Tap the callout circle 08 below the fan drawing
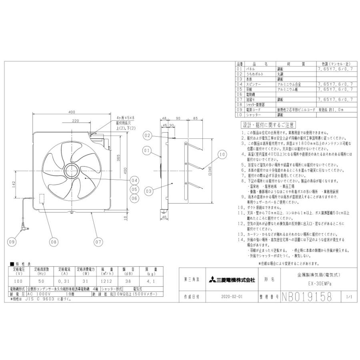pyautogui.click(x=54, y=242)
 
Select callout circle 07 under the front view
pyautogui.click(x=98, y=242)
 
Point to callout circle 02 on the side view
pyautogui.click(x=147, y=136)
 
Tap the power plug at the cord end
pyautogui.click(x=25, y=229)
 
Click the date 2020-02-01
pyautogui.click(x=231, y=298)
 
